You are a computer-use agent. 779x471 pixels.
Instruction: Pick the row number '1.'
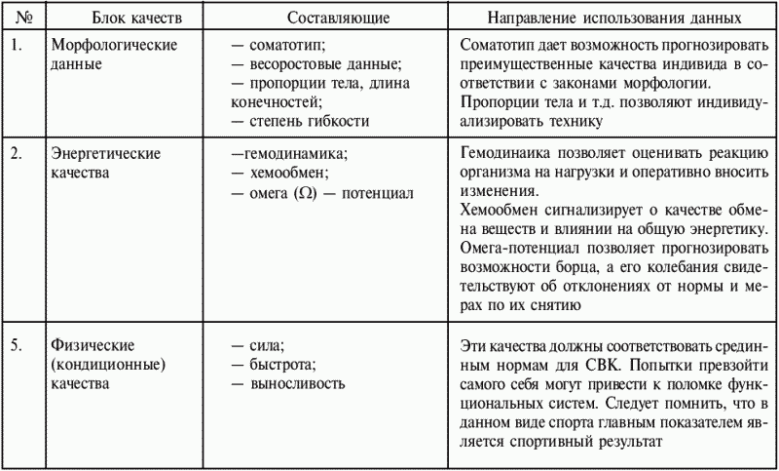pos(13,45)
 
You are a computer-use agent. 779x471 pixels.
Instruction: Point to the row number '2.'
pos(13,154)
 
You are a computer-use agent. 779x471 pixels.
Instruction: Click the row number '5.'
pos(13,347)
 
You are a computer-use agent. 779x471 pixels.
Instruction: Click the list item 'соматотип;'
pos(291,45)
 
